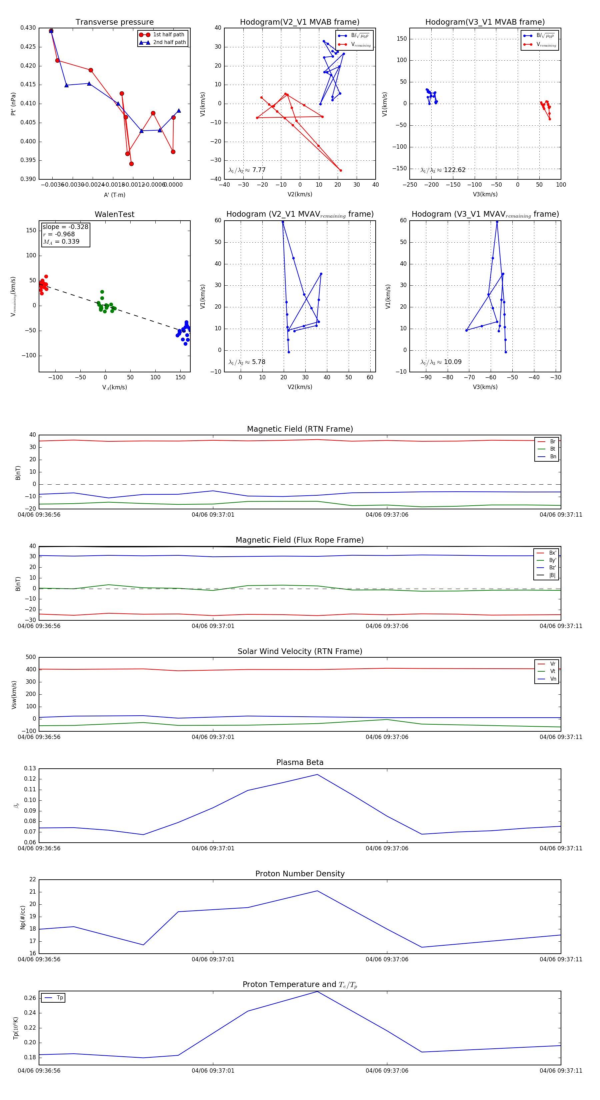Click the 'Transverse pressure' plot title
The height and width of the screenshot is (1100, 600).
(114, 22)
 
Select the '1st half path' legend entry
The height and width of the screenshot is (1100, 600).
(169, 35)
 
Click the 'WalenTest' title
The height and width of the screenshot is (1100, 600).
(114, 214)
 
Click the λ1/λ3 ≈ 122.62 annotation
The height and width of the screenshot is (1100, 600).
(443, 170)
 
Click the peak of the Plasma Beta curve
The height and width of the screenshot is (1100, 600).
(317, 775)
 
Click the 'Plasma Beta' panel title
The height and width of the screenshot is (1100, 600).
(300, 763)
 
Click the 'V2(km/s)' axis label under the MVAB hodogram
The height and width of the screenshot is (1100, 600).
(300, 194)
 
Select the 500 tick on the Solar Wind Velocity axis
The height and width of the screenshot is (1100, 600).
(31, 657)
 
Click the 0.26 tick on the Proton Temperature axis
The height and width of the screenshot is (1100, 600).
(30, 998)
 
